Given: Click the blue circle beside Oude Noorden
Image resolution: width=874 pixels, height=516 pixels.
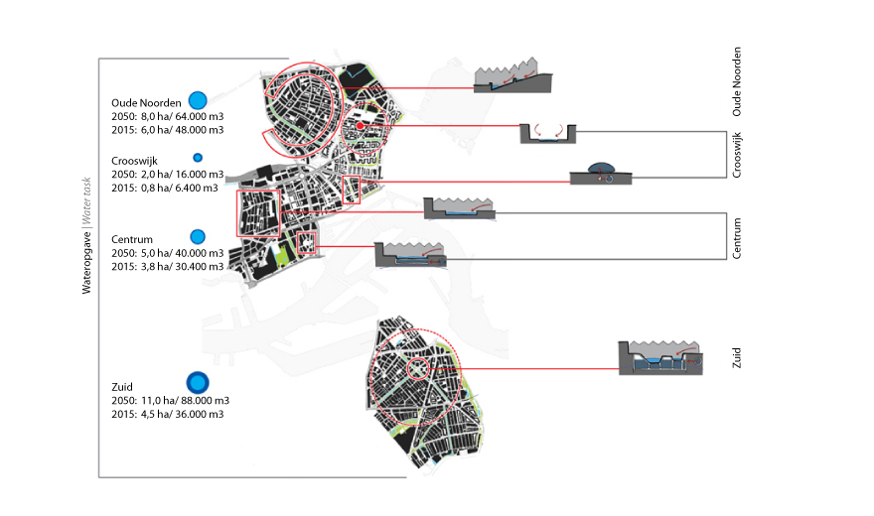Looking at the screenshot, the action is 198,100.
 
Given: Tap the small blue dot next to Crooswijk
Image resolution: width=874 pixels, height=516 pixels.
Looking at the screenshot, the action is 198,158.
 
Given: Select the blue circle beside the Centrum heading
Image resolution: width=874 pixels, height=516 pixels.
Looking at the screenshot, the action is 198,236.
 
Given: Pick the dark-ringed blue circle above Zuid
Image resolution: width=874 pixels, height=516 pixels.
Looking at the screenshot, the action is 198,383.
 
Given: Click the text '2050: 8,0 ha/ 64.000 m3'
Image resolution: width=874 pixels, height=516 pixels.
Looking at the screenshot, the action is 167,116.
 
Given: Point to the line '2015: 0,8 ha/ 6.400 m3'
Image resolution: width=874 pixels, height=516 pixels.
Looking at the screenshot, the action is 165,189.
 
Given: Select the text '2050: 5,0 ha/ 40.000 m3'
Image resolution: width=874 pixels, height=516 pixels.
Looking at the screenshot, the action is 167,253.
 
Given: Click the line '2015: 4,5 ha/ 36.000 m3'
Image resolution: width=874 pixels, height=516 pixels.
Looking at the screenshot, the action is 167,414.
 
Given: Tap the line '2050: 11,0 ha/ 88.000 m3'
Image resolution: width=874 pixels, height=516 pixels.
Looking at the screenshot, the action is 170,401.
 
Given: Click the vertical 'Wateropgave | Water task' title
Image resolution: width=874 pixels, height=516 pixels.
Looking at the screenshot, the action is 86,235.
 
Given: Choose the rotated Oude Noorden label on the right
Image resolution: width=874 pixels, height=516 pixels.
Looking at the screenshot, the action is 737,81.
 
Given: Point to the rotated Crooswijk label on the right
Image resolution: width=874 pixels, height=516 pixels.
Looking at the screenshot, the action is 737,156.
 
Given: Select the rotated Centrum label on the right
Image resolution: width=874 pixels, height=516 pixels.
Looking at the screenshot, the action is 737,238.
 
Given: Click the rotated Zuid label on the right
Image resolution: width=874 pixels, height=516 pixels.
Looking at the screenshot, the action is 737,358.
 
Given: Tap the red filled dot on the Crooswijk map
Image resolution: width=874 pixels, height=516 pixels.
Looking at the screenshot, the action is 361,126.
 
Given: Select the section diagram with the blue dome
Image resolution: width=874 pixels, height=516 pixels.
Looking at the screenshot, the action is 601,173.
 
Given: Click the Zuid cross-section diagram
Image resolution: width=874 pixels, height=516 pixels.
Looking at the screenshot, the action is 660,357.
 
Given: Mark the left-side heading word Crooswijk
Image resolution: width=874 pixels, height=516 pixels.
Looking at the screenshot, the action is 134,161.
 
